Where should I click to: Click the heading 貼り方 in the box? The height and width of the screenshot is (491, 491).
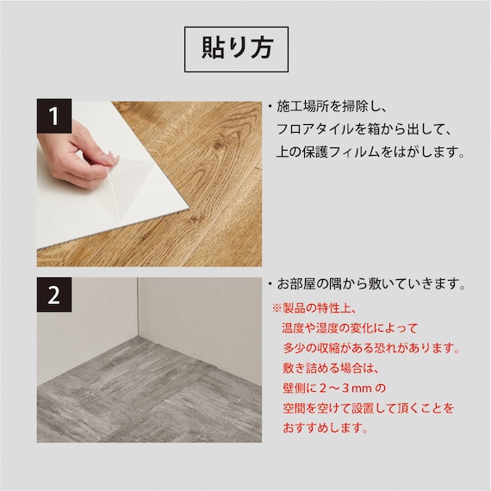236,47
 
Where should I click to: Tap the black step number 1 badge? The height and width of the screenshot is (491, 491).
54,116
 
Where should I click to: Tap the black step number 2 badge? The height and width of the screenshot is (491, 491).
54,295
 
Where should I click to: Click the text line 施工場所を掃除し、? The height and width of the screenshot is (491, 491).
333,107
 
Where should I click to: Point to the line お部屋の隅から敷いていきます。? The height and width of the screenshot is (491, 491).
371,284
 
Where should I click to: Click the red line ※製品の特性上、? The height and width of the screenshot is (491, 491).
314,308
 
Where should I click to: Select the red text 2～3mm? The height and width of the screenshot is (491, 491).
345,388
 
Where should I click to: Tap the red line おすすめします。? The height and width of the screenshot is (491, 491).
326,428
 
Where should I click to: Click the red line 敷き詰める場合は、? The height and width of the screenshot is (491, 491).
331,369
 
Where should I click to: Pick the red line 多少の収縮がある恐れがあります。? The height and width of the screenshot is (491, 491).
371,348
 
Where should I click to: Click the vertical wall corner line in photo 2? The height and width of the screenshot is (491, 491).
138,308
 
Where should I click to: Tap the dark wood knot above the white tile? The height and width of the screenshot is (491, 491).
218,145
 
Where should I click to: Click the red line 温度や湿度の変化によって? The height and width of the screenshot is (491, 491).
350,328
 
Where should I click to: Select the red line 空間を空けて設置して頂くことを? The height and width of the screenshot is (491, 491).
369,408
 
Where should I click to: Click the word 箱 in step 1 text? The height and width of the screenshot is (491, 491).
373,129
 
